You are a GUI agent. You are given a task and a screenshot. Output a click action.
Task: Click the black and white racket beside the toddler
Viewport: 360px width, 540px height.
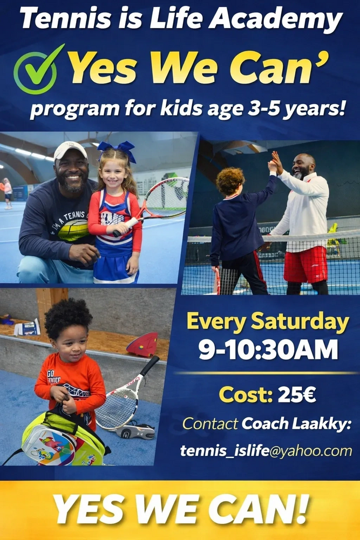click(x=124, y=399)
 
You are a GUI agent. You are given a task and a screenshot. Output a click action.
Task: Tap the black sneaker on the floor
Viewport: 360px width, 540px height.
click(x=135, y=431)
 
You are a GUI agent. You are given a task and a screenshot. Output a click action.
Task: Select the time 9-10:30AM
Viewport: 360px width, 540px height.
click(x=268, y=349)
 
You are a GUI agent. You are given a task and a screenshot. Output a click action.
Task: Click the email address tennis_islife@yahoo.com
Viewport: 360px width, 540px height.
click(x=266, y=450)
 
